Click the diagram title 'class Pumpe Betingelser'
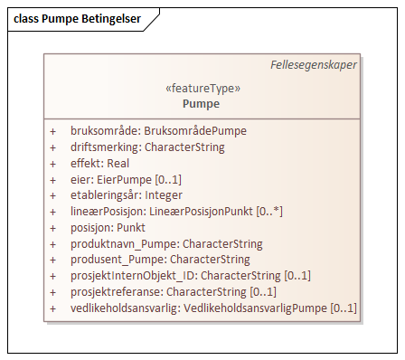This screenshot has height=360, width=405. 78,20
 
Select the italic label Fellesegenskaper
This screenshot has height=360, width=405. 313,65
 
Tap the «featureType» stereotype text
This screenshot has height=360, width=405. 202,89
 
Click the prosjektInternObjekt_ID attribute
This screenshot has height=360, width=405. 178,277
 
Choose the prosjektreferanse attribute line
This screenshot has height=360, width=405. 161,292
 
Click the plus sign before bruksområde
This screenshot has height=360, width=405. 52,131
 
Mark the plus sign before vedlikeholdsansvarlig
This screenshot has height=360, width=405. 52,309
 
